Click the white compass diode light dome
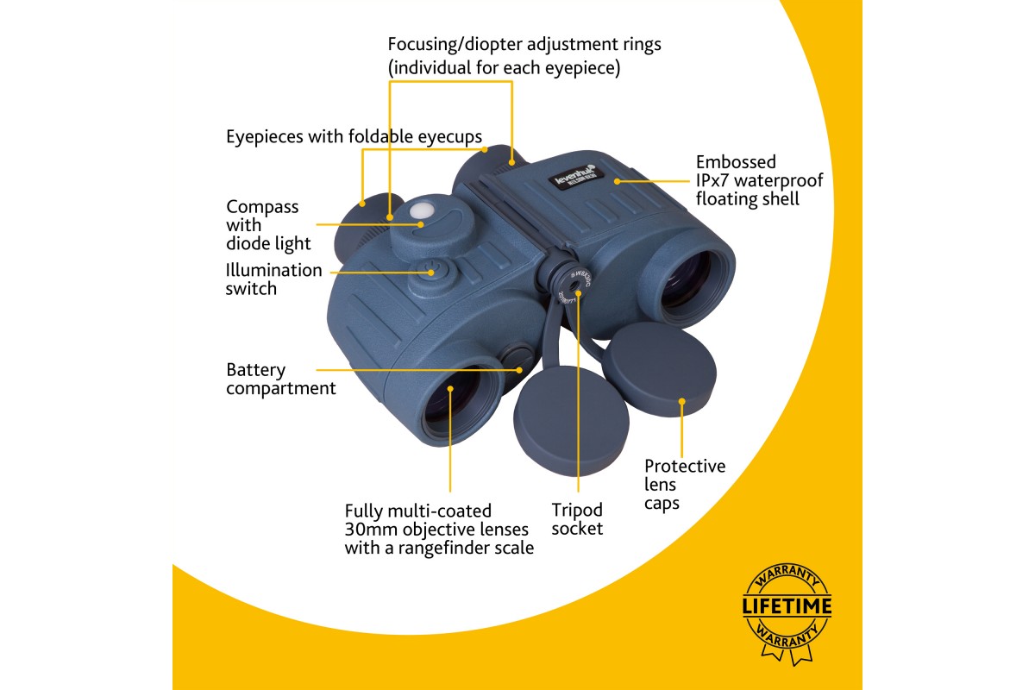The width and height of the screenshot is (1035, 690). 423,210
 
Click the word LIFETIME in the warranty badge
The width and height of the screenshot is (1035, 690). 787,605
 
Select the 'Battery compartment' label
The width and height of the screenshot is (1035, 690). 281,379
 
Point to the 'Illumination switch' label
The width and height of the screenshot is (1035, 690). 274,279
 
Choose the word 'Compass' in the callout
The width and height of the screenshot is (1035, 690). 262,207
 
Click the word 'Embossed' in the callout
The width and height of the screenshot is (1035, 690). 736,162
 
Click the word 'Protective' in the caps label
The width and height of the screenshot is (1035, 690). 685,467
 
